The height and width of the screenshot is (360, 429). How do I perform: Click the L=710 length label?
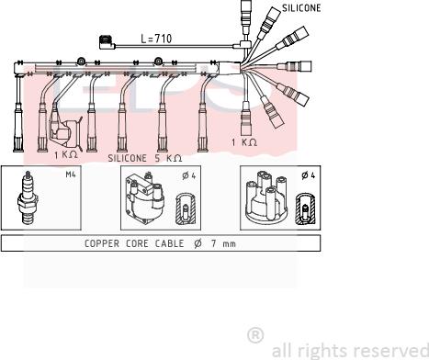[x=156, y=39]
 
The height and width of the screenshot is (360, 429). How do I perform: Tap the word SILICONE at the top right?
[x=301, y=8]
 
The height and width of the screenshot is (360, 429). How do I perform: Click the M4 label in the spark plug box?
[x=71, y=174]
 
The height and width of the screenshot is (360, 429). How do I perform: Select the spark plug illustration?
[x=28, y=197]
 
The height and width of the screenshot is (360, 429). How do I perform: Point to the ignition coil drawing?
[x=145, y=198]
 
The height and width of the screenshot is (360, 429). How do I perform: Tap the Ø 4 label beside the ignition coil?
[x=188, y=175]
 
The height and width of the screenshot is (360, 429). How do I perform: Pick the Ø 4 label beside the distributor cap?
[x=308, y=175]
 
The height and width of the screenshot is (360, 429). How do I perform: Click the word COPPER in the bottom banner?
[x=102, y=243]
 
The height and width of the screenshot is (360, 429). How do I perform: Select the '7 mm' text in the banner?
[x=223, y=243]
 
